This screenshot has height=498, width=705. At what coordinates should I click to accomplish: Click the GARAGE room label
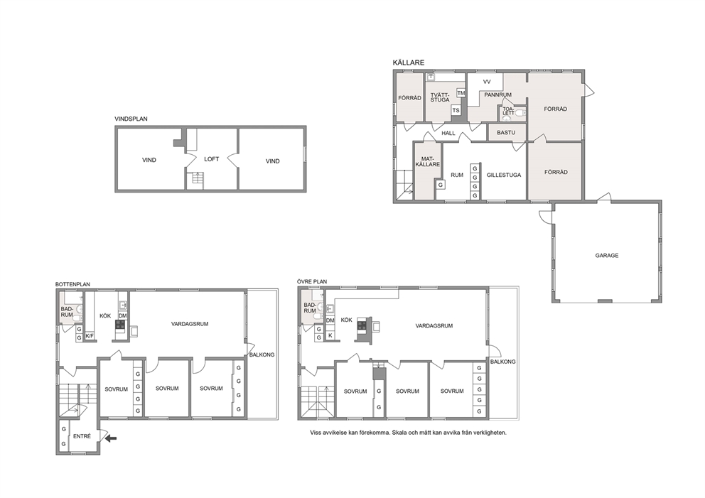click(x=606, y=255)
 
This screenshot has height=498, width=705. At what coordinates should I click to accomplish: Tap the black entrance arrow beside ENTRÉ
click(x=111, y=438)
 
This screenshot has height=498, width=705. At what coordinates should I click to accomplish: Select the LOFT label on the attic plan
click(x=211, y=159)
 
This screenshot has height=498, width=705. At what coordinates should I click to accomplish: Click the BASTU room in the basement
click(x=506, y=133)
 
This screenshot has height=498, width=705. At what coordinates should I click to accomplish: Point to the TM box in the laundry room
click(x=461, y=93)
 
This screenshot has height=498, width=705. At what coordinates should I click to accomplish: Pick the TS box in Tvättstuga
click(x=456, y=111)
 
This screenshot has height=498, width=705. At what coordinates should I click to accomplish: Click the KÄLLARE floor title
click(x=408, y=63)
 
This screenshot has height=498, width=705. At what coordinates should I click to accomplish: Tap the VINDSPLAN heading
click(x=131, y=119)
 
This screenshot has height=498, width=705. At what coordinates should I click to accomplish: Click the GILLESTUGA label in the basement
click(x=504, y=175)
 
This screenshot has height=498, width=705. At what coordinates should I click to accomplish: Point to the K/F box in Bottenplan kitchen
click(x=90, y=336)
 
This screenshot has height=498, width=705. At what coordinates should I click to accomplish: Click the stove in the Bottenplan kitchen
click(x=121, y=325)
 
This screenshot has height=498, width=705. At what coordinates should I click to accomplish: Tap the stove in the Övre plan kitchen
click(x=362, y=324)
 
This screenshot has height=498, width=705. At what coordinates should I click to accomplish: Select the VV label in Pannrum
click(x=487, y=82)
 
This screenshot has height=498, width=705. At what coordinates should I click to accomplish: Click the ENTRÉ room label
click(x=82, y=436)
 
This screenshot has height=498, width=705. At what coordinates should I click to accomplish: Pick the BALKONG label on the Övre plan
click(x=502, y=362)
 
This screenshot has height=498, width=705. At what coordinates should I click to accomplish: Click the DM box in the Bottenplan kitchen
click(x=123, y=316)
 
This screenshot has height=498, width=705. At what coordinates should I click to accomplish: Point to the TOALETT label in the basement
click(x=508, y=111)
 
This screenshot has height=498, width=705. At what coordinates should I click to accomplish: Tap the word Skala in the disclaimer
click(x=399, y=433)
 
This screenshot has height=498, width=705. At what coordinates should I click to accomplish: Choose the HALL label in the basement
click(x=448, y=134)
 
